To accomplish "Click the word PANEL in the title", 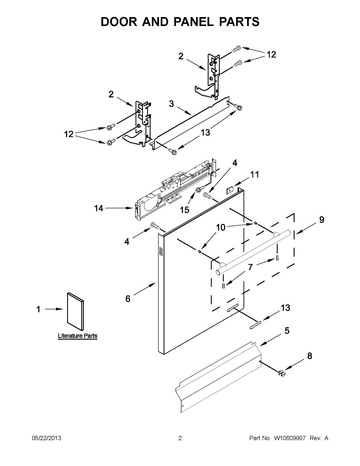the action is click(x=194, y=22).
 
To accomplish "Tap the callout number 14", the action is click(x=99, y=208).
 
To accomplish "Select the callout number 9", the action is click(x=322, y=219).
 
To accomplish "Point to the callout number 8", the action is click(x=310, y=356).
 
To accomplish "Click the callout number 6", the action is click(x=128, y=299).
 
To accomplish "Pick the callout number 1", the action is click(x=38, y=309).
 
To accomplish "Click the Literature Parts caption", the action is click(x=78, y=336).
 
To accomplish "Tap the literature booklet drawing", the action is click(x=75, y=311).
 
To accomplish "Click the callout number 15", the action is click(x=184, y=210).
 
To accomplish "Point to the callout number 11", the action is click(x=255, y=175).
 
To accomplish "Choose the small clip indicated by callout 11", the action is click(x=230, y=190).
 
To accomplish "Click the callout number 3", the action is click(x=171, y=104).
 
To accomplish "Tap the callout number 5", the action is click(x=287, y=330).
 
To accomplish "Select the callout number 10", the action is click(x=221, y=227).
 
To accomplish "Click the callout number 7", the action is click(x=250, y=267).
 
